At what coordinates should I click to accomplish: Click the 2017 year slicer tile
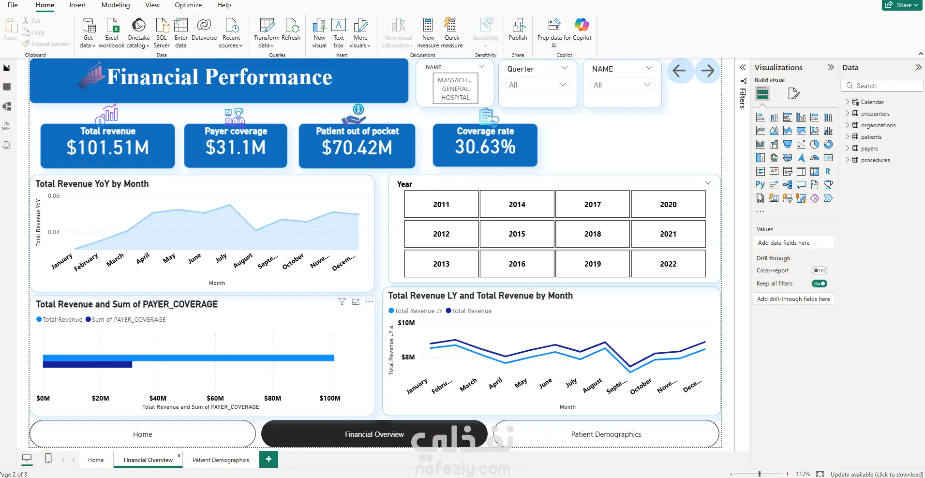[593, 204]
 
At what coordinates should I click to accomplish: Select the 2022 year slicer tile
[668, 264]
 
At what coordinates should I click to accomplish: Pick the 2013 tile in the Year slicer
[441, 264]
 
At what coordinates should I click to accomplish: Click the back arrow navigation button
[679, 71]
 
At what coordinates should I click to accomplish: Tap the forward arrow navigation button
[707, 71]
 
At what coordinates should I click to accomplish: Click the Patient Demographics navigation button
[606, 434]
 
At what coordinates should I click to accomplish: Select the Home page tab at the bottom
[96, 460]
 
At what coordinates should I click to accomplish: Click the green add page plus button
[269, 459]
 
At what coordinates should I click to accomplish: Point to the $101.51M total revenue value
[108, 148]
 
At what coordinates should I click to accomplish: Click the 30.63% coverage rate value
[485, 147]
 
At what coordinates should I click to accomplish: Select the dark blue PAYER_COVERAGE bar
[88, 365]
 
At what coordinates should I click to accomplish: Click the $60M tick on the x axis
[215, 398]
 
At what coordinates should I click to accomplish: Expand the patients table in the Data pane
[847, 137]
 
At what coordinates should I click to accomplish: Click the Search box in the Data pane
[882, 86]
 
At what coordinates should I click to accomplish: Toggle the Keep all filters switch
[820, 284]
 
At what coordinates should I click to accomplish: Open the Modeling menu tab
[116, 5]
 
